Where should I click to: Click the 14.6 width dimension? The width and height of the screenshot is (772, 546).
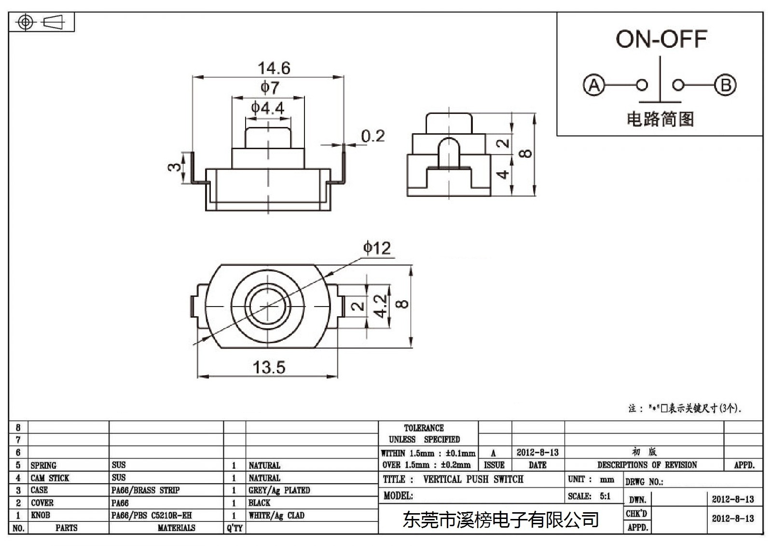click(x=274, y=68)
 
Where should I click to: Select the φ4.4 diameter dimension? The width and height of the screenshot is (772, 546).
click(x=267, y=108)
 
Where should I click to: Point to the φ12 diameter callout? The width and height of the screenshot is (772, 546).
click(x=377, y=248)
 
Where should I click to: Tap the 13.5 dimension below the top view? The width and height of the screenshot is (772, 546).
click(x=269, y=367)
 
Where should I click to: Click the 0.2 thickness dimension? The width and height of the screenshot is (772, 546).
click(x=373, y=136)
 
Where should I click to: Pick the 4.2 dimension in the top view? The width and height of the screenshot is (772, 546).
click(x=380, y=306)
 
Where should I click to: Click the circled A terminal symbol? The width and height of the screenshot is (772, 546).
click(x=594, y=85)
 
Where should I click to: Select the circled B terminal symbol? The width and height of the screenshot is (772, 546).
click(x=725, y=85)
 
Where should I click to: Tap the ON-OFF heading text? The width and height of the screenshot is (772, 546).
click(x=662, y=39)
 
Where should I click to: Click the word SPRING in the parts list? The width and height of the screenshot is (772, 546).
click(x=43, y=465)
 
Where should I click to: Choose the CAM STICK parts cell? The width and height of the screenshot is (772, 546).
click(x=50, y=478)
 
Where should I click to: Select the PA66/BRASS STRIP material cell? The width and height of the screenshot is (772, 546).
click(x=145, y=490)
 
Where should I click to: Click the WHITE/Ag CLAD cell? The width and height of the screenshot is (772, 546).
click(x=276, y=515)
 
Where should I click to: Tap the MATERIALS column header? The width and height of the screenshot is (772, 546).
click(x=177, y=528)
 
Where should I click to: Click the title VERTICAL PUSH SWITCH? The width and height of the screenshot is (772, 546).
click(x=473, y=479)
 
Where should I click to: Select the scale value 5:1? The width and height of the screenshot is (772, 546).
click(x=605, y=496)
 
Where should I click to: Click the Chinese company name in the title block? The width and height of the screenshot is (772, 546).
click(x=501, y=520)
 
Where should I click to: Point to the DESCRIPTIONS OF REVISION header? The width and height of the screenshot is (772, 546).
click(x=647, y=465)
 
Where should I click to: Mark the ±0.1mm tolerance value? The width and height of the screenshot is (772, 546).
click(x=460, y=453)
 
